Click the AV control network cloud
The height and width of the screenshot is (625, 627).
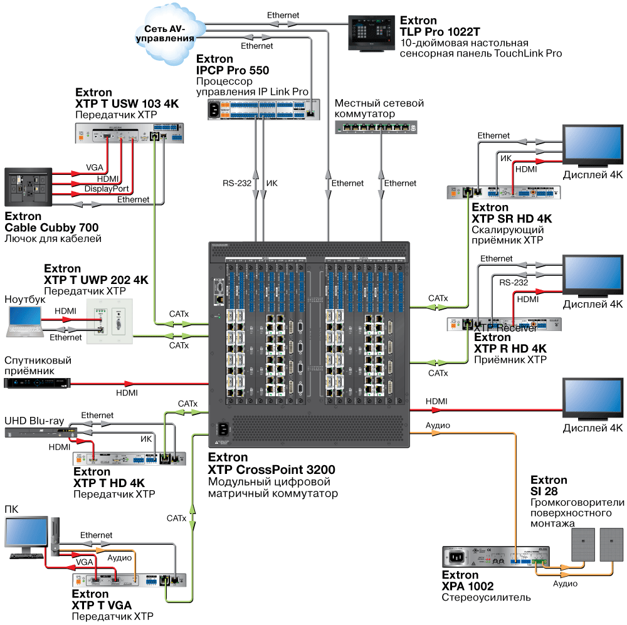click(169, 33)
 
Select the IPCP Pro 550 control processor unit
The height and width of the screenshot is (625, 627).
click(264, 110)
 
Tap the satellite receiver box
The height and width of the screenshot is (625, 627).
click(35, 382)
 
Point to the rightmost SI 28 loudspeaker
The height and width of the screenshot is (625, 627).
click(612, 544)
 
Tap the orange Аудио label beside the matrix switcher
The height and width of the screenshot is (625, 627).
click(438, 425)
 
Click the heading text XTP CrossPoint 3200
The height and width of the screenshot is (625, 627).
click(271, 470)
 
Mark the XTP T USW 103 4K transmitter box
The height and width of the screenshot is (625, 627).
click(130, 134)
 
